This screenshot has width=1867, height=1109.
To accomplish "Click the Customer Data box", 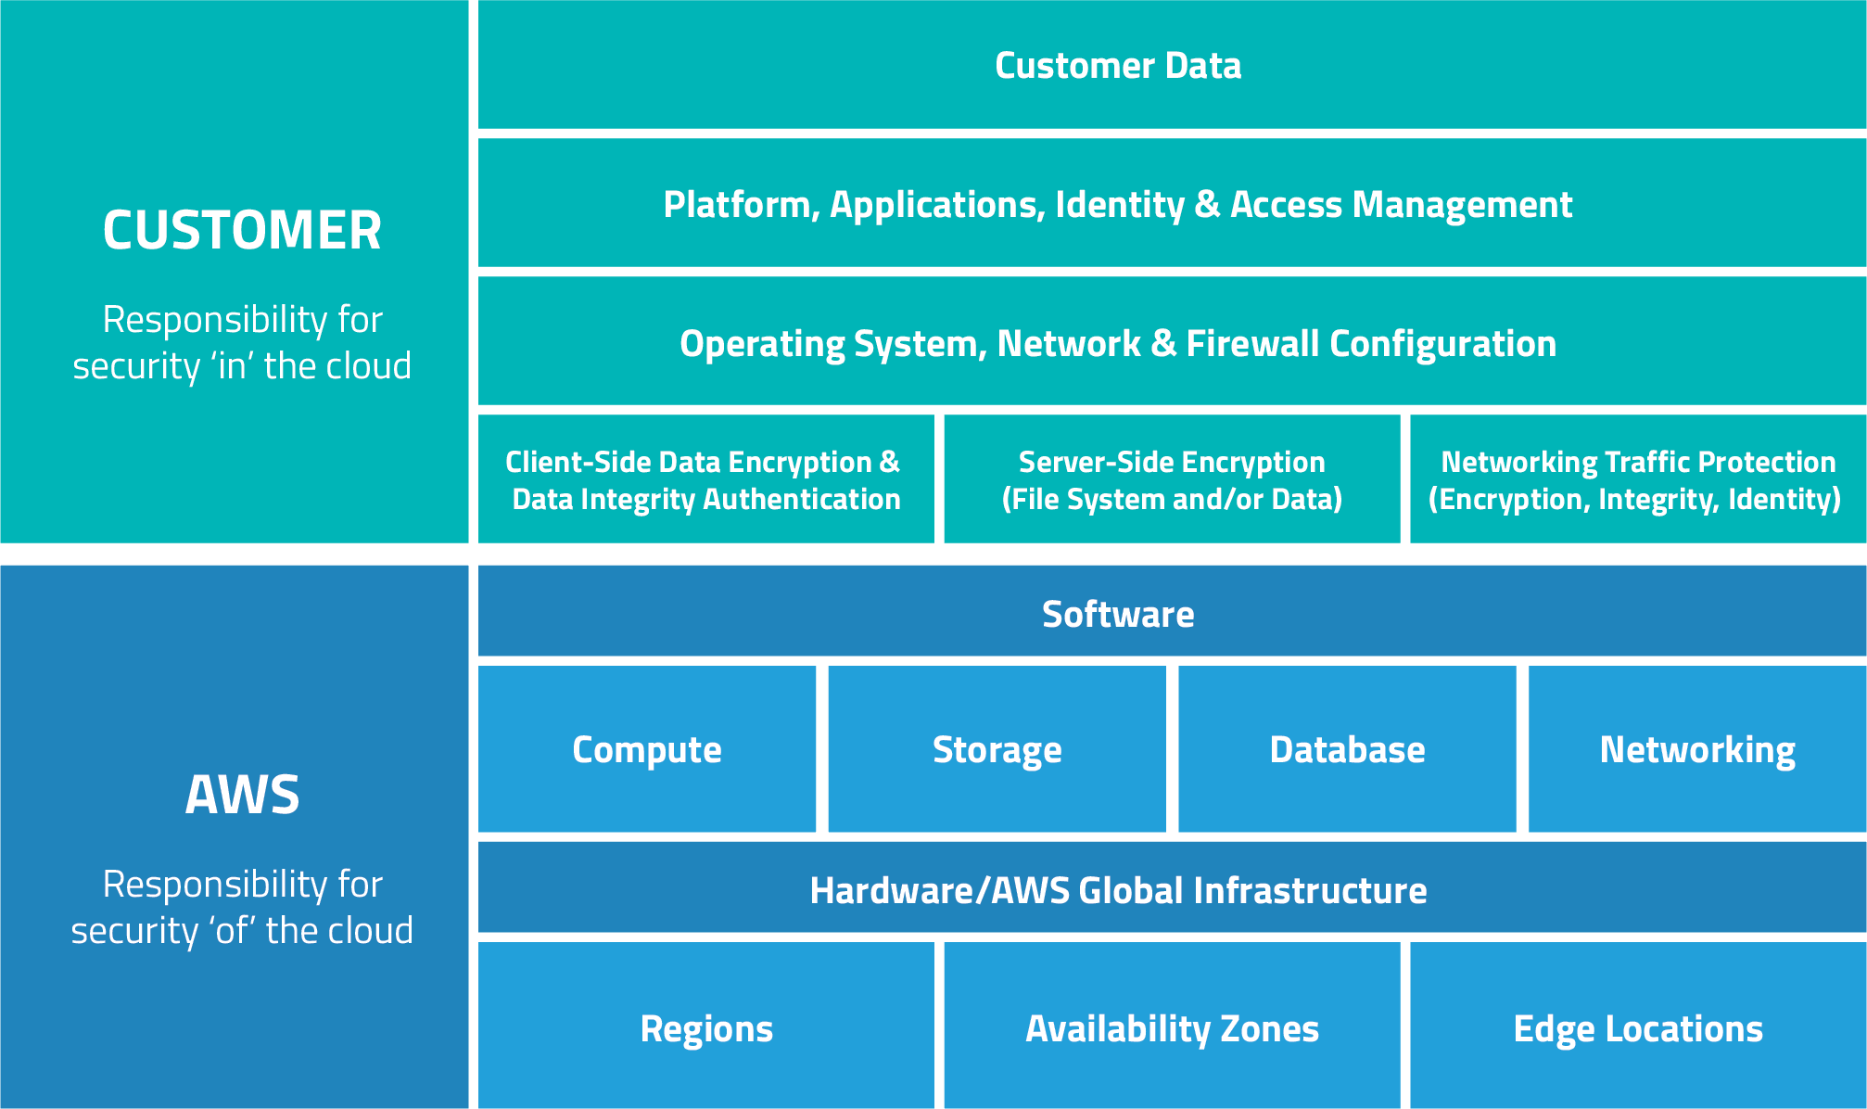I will click(x=1117, y=66).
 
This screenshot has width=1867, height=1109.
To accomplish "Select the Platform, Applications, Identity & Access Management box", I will click(x=1117, y=205).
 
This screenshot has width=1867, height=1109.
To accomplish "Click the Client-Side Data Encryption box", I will click(x=705, y=480).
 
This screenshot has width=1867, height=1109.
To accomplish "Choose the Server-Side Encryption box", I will click(x=1172, y=480).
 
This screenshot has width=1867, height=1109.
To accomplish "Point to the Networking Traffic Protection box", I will click(x=1637, y=480).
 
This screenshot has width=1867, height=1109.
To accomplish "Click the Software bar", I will click(x=1117, y=615).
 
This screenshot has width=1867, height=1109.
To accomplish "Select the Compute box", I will click(x=647, y=749).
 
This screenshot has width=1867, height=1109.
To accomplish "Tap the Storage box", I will click(x=997, y=749).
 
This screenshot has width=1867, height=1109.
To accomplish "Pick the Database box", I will click(x=1347, y=749).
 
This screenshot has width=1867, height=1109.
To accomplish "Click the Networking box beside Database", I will click(x=1696, y=749).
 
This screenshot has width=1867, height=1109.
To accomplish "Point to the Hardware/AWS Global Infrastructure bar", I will click(x=1117, y=890).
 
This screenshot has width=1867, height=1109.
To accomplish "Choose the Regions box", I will click(x=705, y=1028).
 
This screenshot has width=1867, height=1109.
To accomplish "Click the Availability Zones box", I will click(x=1172, y=1028).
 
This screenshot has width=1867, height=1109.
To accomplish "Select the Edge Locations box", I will click(x=1637, y=1028).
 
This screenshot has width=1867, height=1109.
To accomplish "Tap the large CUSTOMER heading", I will click(x=242, y=230).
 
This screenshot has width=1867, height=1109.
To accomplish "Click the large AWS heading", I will click(x=242, y=795).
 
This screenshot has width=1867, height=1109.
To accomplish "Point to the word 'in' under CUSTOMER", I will click(x=233, y=366).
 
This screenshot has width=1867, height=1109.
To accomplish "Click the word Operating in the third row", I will click(x=762, y=344).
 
